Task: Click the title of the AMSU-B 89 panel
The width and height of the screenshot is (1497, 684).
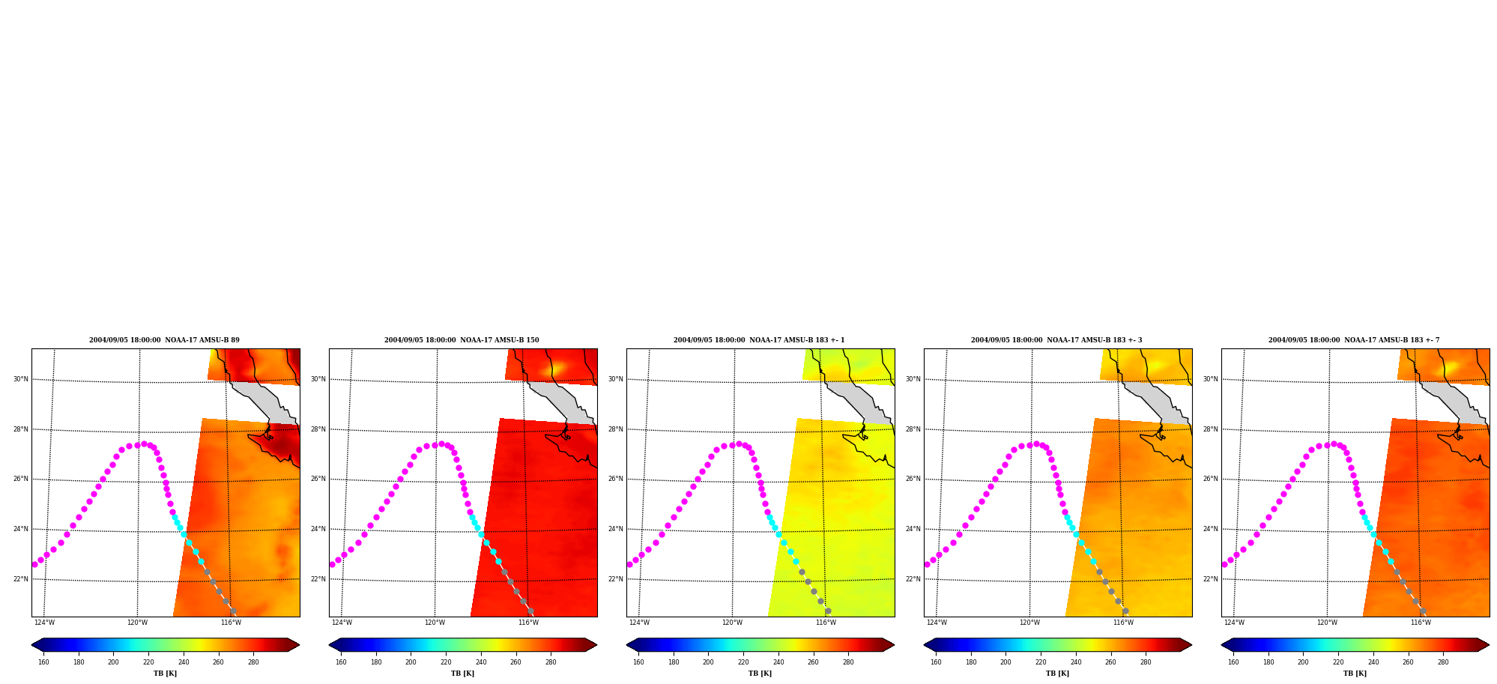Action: (165, 340)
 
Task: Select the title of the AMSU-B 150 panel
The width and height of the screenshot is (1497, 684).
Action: (462, 340)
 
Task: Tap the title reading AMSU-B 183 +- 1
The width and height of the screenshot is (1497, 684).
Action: (759, 340)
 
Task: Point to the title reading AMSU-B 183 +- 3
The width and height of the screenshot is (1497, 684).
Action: (1056, 340)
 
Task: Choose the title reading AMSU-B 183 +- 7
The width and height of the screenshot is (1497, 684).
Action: (1354, 340)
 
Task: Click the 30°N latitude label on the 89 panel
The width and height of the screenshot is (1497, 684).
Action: (21, 380)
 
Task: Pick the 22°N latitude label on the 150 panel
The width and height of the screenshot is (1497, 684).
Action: (318, 579)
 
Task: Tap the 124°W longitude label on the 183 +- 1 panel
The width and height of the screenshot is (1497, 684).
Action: (639, 623)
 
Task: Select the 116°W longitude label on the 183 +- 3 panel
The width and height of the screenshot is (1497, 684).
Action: (1123, 623)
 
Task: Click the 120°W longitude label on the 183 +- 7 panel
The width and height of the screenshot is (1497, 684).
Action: (1327, 623)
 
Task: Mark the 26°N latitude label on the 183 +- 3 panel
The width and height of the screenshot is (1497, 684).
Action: (913, 479)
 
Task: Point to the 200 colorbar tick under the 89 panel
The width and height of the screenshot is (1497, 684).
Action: (113, 662)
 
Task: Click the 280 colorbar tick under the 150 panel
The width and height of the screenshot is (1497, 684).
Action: (551, 662)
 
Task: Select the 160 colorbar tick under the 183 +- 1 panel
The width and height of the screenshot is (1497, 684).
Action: (638, 662)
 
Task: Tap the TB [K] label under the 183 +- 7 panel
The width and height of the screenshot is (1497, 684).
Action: (1355, 674)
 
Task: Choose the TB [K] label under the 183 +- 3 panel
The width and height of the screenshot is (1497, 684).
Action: (1057, 674)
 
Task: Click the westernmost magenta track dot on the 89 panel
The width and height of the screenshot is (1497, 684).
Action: (34, 564)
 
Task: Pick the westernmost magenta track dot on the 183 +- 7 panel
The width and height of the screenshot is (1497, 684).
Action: (1224, 564)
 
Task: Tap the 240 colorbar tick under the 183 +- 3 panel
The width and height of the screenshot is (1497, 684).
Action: (1076, 662)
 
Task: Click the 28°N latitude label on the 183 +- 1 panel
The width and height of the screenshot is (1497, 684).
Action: (616, 430)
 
